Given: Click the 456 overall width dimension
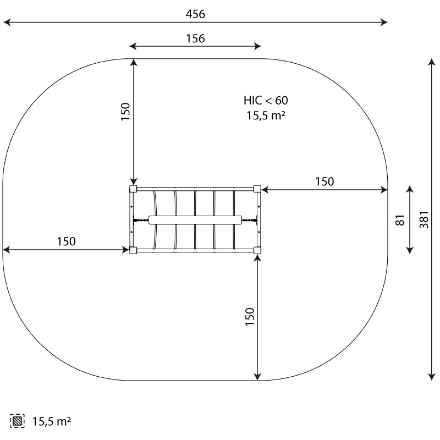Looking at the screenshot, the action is point(195,14).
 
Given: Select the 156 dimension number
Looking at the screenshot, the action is point(195,38).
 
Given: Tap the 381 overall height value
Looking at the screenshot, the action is point(424,219).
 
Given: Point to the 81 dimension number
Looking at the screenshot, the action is point(400,219).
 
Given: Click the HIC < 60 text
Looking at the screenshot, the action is point(266,100).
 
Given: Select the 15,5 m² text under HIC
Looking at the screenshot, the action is point(266,116).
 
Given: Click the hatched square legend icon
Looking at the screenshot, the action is point(17,421).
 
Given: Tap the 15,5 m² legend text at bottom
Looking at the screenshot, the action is point(51,421).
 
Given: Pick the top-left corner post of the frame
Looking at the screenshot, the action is point(133,189).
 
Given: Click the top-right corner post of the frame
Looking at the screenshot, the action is point(257,189).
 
